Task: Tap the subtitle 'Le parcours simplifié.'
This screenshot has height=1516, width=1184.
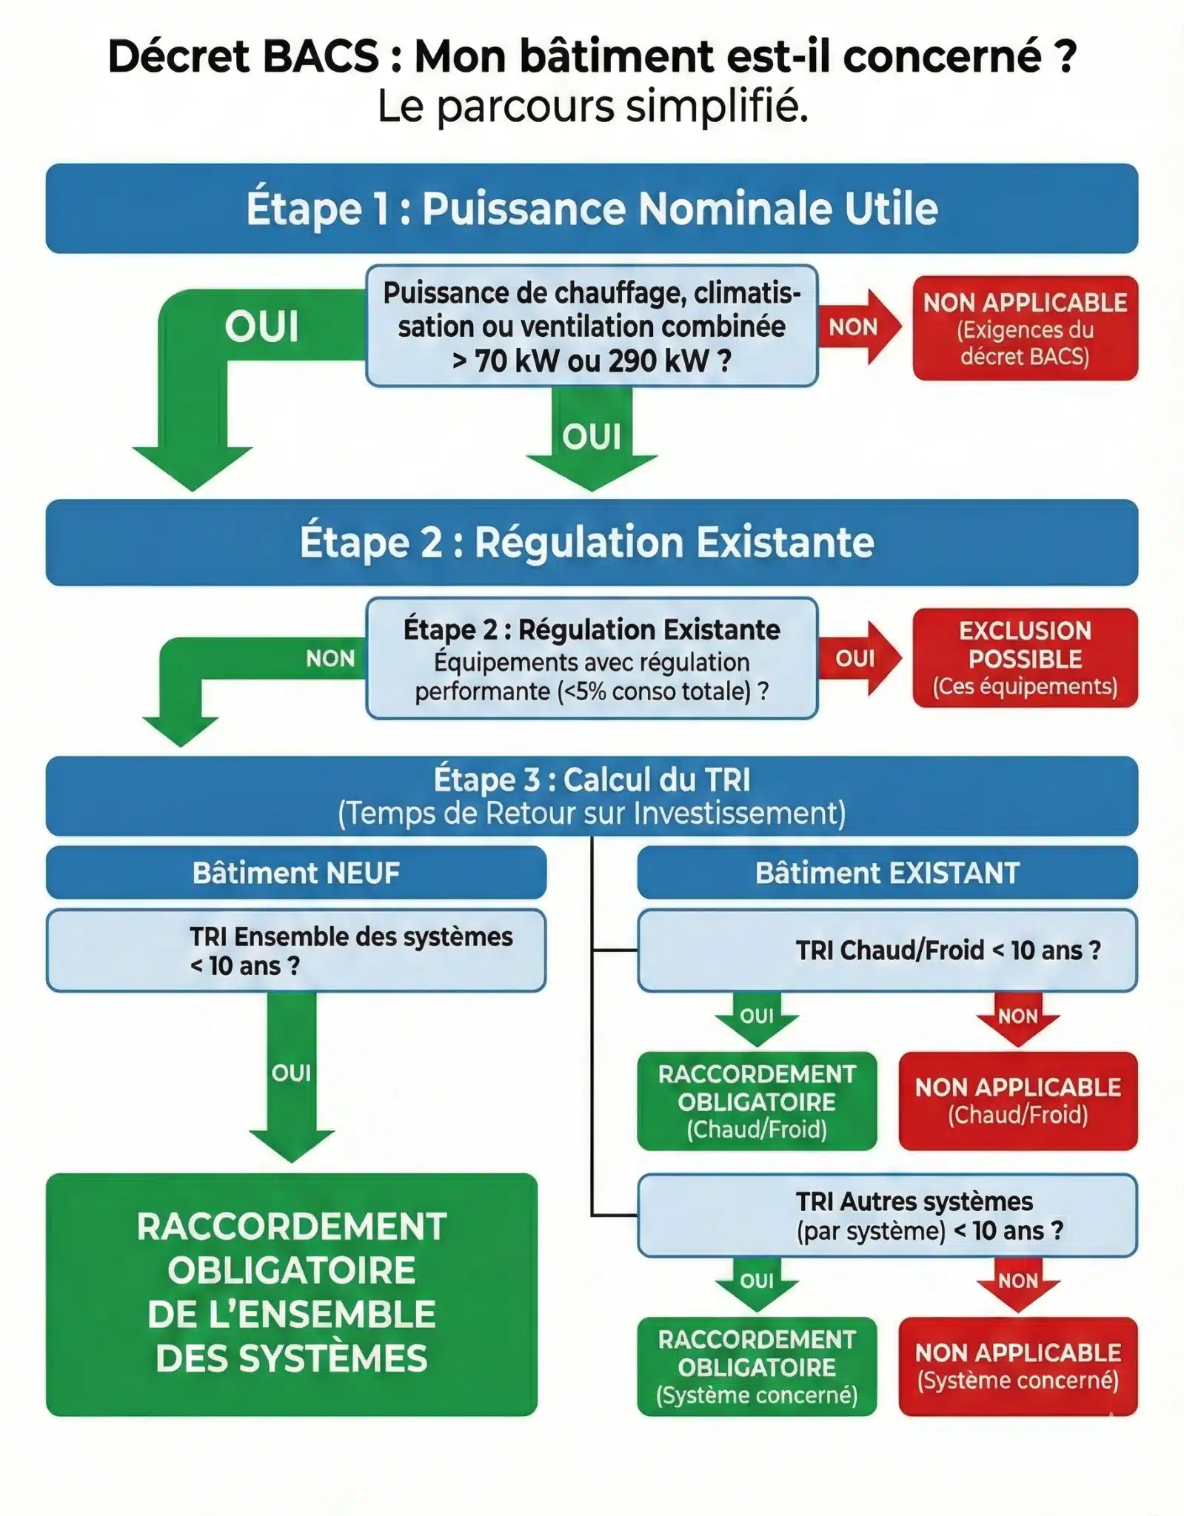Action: [592, 106]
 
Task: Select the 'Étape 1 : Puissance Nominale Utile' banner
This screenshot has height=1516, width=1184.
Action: [592, 208]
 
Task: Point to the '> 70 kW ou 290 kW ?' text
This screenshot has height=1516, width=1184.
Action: [592, 361]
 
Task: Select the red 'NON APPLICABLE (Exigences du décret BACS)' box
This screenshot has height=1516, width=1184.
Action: [1025, 329]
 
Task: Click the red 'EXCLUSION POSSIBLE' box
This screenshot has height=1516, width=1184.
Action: [1025, 658]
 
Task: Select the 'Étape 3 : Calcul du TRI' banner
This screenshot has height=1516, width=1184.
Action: [592, 796]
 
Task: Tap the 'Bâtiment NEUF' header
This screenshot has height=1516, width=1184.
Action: [296, 873]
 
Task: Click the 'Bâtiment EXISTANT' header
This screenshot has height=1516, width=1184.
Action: [887, 873]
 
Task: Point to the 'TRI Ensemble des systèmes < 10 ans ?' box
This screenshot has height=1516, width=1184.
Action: [296, 950]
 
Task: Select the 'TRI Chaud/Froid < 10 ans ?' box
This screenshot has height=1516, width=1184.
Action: [887, 950]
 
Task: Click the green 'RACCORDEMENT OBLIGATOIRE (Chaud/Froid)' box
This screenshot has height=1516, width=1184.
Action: [757, 1101]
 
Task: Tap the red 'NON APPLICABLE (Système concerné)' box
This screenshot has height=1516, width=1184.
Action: [1018, 1366]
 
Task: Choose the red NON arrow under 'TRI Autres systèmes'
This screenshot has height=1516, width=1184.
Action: [1018, 1283]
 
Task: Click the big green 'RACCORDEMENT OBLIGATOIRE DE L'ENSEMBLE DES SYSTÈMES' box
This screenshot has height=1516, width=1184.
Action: [292, 1294]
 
